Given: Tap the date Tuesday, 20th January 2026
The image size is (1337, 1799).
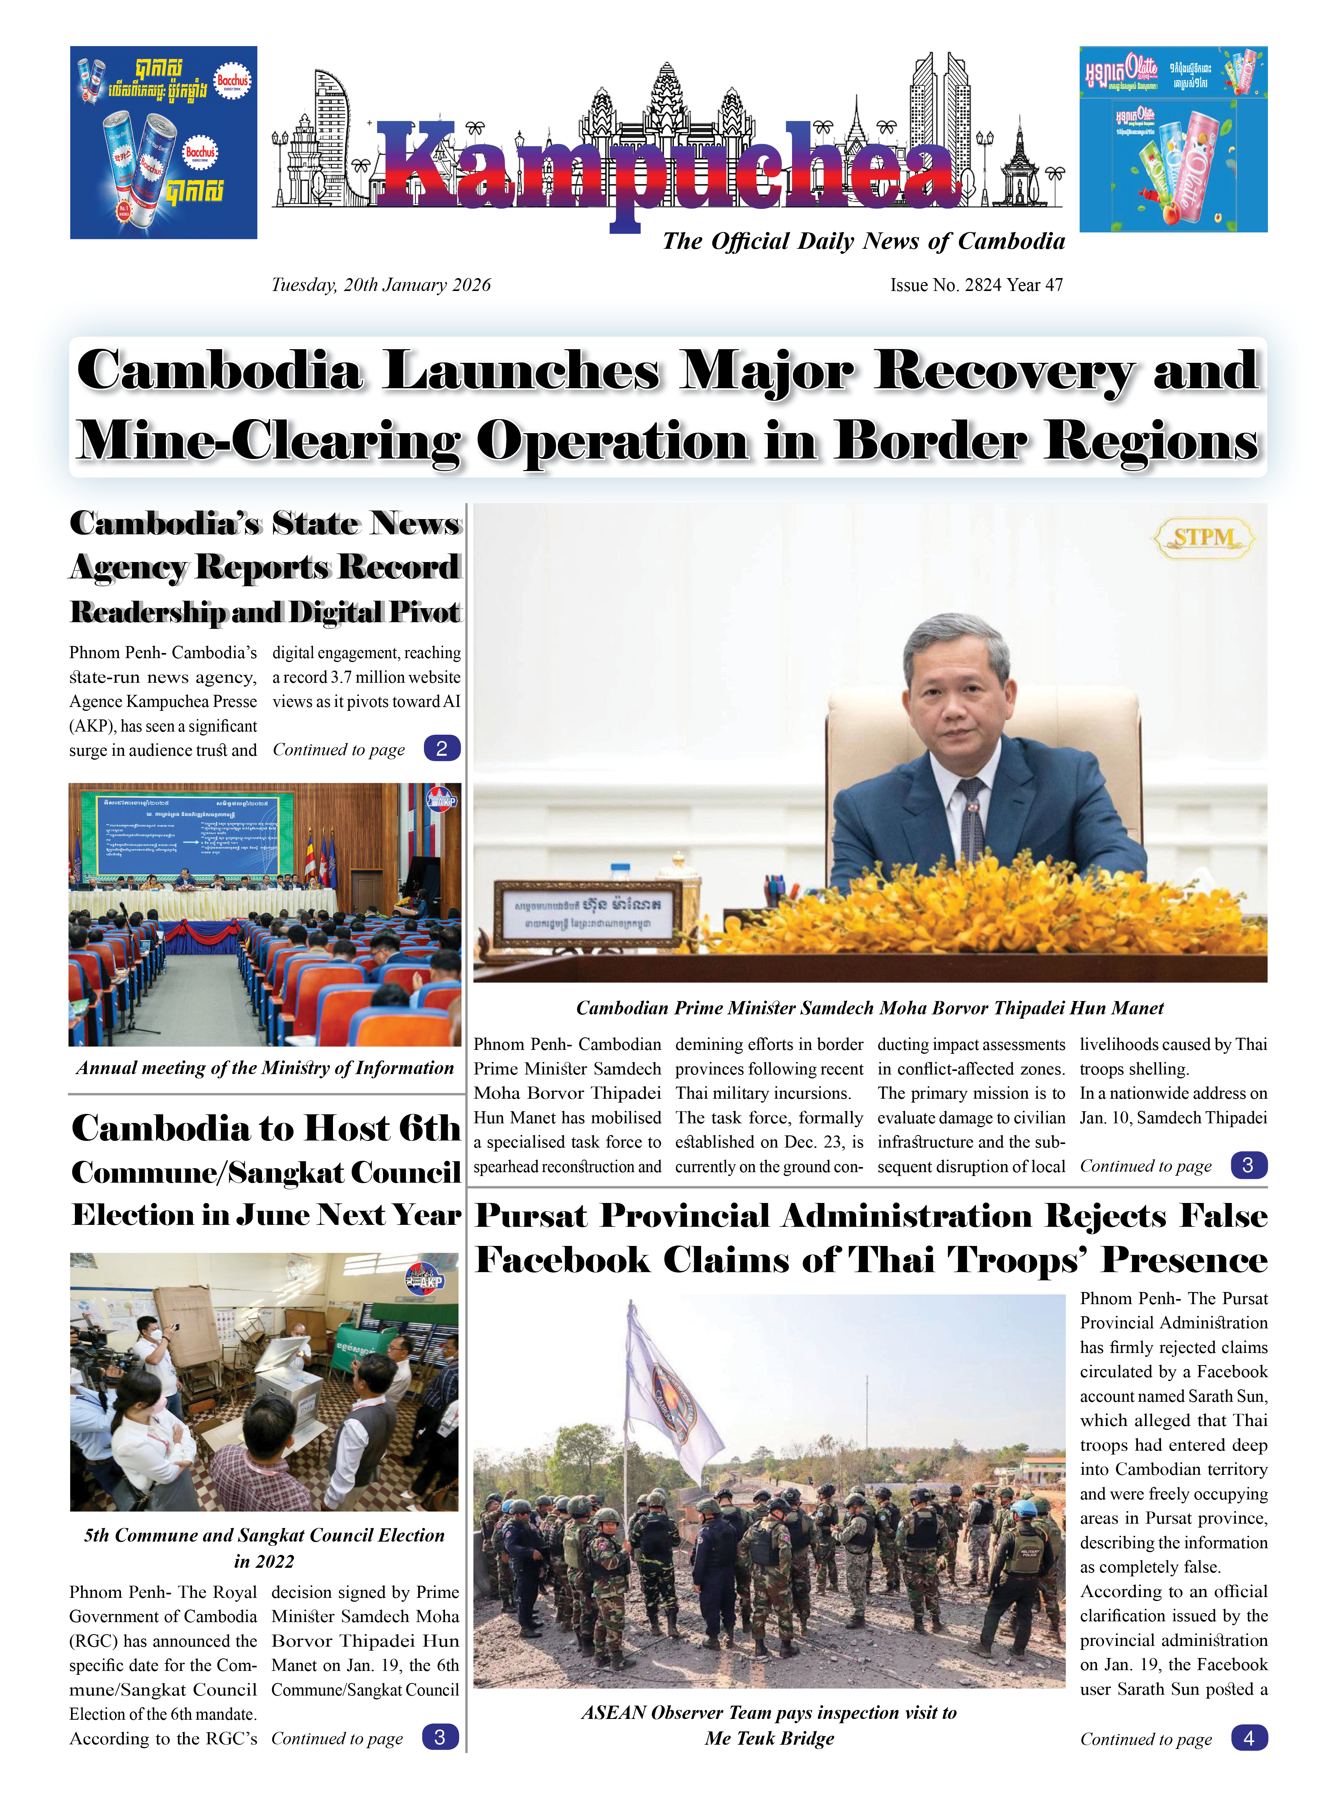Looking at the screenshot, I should (380, 285).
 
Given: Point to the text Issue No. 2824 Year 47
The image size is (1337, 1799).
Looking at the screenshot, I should (976, 285).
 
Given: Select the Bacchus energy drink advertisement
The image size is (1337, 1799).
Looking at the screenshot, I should (164, 143).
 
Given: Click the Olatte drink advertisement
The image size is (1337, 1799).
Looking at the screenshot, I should (1173, 139).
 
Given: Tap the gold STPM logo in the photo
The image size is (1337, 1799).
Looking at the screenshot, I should (1203, 537).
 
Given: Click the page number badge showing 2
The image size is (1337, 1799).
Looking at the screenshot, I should (442, 748).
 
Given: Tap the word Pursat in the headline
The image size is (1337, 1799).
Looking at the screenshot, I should (531, 1216).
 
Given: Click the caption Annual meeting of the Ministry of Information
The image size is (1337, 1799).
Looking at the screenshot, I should (265, 1068).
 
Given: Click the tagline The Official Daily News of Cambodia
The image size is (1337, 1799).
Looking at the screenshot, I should (863, 241).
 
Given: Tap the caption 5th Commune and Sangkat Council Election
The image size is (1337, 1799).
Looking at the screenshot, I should (265, 1535).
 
